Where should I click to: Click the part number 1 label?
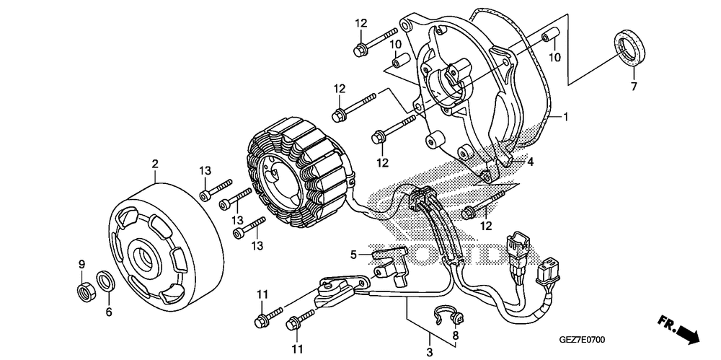[567, 116]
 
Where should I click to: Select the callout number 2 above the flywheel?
[154, 164]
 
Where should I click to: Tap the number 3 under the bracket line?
[430, 352]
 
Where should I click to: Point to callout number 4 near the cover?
[530, 162]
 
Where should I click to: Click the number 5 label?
[354, 254]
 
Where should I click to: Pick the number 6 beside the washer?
[109, 312]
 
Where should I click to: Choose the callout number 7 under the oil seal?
[634, 88]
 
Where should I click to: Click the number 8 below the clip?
[455, 335]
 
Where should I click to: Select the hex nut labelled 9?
[84, 290]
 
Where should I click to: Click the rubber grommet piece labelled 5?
[393, 260]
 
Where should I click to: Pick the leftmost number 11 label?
[262, 294]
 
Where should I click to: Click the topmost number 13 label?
[205, 170]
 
